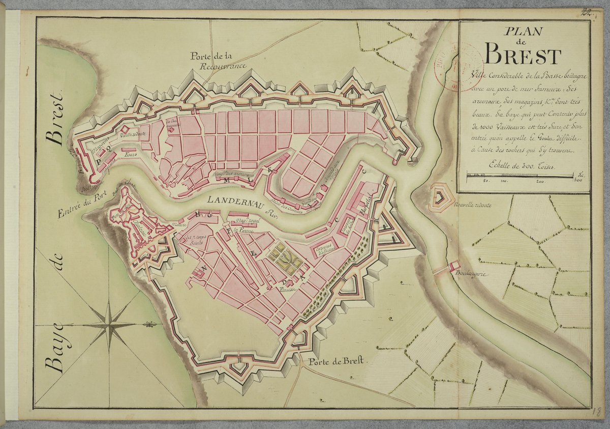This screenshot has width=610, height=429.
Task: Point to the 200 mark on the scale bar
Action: click(x=540, y=181)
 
